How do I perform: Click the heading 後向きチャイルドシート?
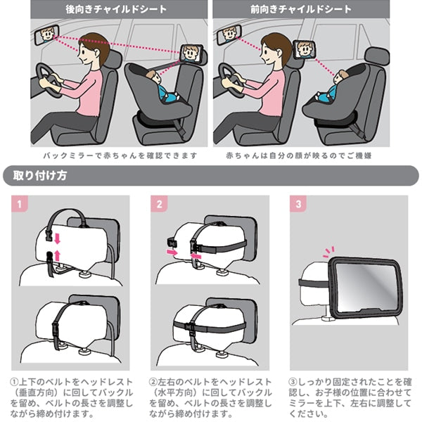116,9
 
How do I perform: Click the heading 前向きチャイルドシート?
301,9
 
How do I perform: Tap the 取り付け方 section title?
40,175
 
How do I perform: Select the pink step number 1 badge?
20,204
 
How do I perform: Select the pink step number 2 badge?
159,204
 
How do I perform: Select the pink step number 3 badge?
298,204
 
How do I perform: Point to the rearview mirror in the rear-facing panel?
46,34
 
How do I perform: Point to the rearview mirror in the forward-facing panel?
229,35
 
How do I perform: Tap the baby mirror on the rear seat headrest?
191,53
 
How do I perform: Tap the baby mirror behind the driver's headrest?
304,50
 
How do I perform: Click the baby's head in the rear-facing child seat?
153,77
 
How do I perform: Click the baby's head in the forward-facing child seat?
340,77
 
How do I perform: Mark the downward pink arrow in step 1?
57,238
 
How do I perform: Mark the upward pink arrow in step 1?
57,255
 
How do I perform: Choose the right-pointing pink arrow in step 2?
172,252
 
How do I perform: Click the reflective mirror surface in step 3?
366,287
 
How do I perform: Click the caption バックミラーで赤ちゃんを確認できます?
120,155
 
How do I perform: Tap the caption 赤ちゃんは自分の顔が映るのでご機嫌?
299,155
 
